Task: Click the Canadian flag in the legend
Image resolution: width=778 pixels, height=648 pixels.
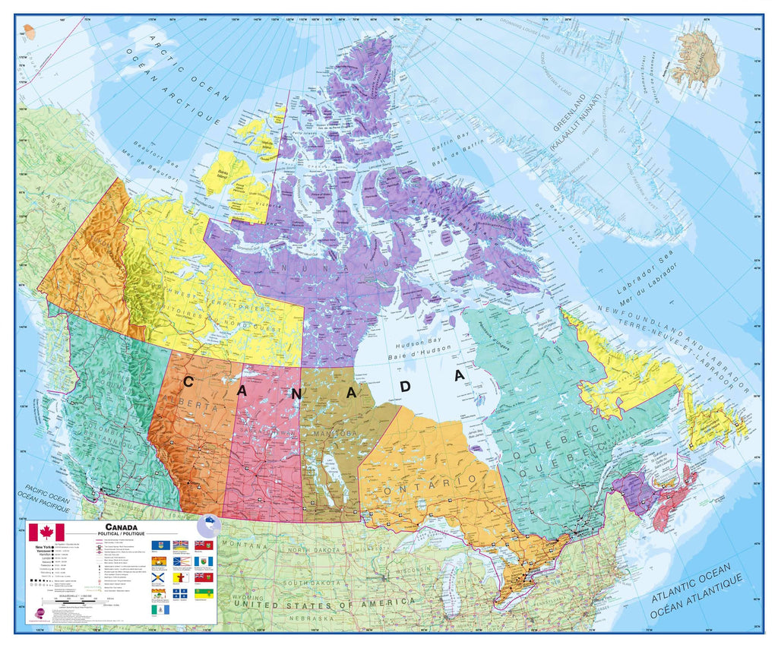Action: [x=46, y=532]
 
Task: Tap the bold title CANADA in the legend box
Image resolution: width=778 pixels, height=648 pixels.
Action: [x=122, y=526]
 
